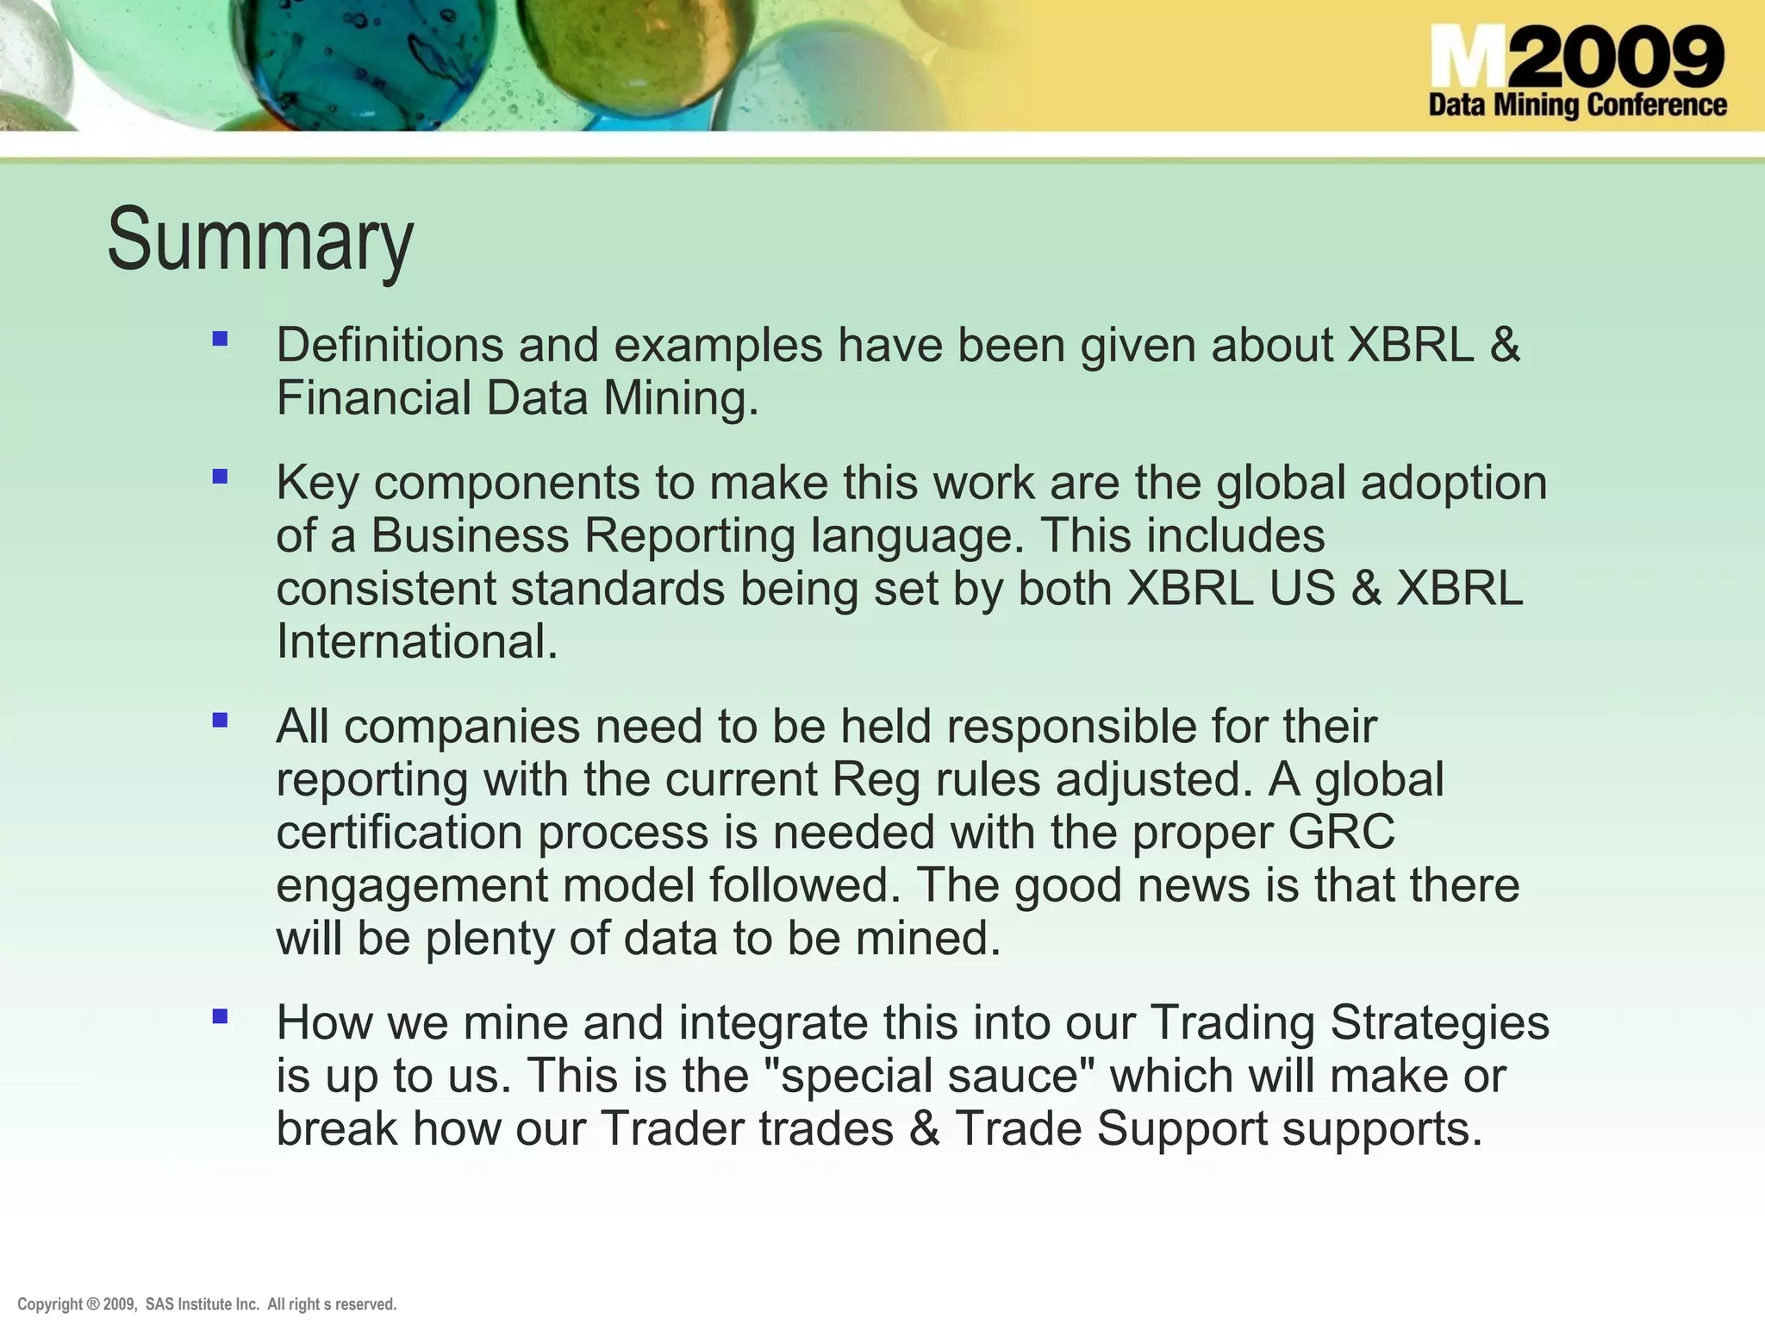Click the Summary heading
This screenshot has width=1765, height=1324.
(260, 240)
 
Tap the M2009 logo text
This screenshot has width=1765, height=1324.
(1576, 56)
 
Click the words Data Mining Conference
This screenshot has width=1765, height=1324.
(1577, 105)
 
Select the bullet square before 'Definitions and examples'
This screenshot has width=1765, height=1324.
(220, 339)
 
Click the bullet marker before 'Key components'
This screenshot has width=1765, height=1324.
(220, 476)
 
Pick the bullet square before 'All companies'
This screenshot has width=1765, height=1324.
(220, 720)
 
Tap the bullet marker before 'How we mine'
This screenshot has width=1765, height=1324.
(220, 1016)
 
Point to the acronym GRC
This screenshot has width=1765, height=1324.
(1341, 832)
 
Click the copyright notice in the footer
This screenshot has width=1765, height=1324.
(207, 1304)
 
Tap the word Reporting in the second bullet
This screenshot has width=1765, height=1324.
(689, 535)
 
